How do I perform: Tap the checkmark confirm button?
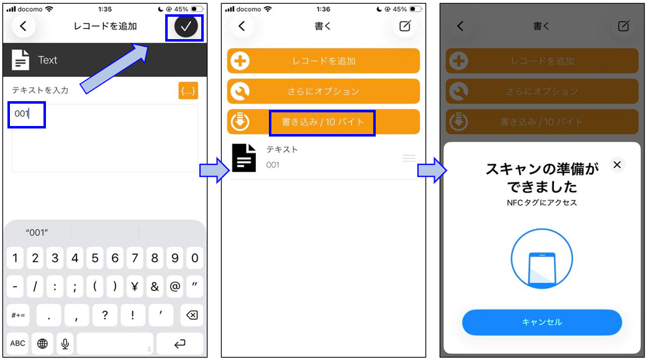tap(186, 27)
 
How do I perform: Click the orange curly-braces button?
tap(188, 91)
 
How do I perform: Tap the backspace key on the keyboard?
tap(192, 315)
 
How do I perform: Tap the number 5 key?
tap(95, 258)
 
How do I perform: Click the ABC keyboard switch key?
tap(17, 343)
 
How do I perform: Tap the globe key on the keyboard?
tap(42, 343)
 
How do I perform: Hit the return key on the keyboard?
tap(179, 343)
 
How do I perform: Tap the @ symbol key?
tap(175, 286)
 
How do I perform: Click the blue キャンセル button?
tap(542, 322)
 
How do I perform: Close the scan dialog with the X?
tap(617, 164)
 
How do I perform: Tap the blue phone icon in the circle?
tap(542, 269)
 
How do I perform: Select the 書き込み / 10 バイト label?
tap(323, 122)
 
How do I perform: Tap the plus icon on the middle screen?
tap(240, 61)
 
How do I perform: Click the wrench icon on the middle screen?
tap(240, 91)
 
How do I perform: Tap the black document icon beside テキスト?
tap(244, 158)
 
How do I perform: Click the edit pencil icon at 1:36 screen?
tap(405, 26)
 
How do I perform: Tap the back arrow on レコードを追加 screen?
tap(23, 26)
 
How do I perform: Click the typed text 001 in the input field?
tap(22, 114)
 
